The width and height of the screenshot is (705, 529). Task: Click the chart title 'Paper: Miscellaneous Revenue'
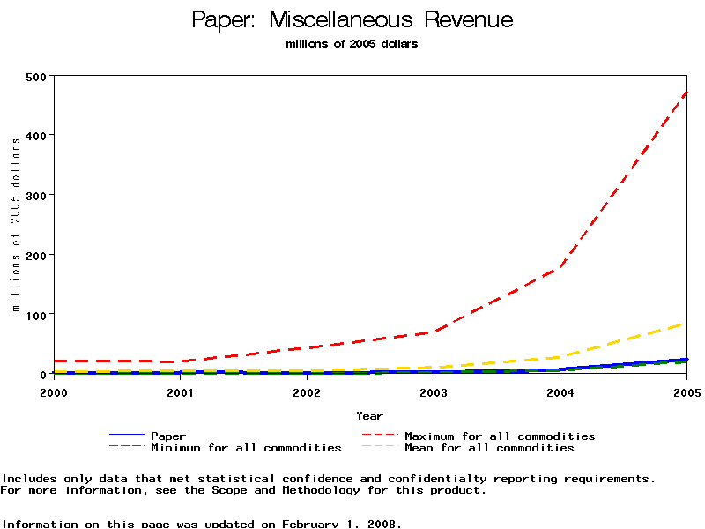[x=352, y=20]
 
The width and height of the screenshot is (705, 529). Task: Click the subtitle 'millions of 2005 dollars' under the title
[x=352, y=44]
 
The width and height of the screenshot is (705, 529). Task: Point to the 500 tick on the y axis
[x=36, y=76]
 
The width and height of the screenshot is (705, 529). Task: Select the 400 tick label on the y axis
[x=36, y=135]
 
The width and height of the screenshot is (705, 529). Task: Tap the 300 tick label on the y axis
[x=36, y=195]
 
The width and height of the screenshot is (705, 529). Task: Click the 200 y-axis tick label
[x=36, y=255]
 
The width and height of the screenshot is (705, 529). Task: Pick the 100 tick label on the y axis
[x=36, y=314]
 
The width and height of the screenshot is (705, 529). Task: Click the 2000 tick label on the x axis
[x=54, y=391]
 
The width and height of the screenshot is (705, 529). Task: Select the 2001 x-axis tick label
[x=180, y=391]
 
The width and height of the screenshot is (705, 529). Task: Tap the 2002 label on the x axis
[x=307, y=391]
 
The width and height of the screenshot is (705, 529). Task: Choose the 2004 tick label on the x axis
[x=560, y=391]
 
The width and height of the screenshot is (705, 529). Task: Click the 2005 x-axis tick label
[x=686, y=391]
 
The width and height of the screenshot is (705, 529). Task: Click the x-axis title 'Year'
[x=370, y=415]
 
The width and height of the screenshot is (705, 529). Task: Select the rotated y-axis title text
[x=16, y=224]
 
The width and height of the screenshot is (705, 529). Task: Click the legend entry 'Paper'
[x=168, y=436]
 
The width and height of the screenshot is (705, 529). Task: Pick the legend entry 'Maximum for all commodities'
[x=500, y=436]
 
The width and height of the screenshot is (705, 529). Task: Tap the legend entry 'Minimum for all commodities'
[x=246, y=448]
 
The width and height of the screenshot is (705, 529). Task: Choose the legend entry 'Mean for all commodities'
[x=489, y=448]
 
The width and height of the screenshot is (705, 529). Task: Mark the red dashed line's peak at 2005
[x=686, y=92]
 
